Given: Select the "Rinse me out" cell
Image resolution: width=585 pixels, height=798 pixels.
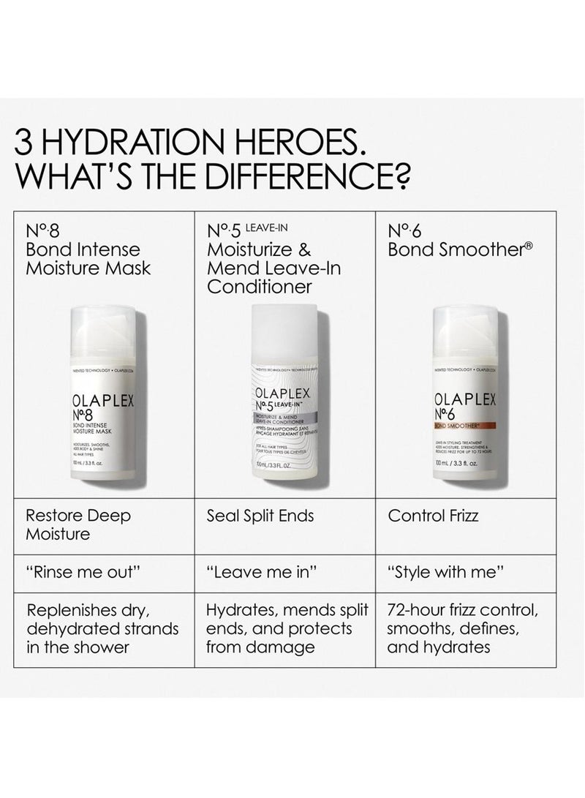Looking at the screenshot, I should pyautogui.click(x=72, y=571).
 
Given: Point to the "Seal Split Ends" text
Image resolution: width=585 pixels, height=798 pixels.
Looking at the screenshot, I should pyautogui.click(x=260, y=516).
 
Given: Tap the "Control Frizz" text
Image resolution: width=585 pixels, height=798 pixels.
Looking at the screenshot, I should pyautogui.click(x=434, y=516).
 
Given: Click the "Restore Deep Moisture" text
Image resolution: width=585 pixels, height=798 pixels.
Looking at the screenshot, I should pyautogui.click(x=78, y=524).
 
